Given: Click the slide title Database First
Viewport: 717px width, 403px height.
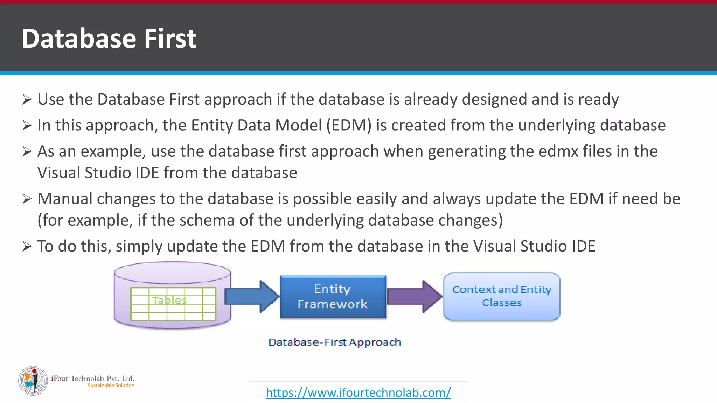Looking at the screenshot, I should (x=109, y=38).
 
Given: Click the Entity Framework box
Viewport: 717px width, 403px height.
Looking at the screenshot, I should (x=333, y=297).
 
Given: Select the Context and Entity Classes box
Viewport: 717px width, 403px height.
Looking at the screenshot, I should (x=501, y=296).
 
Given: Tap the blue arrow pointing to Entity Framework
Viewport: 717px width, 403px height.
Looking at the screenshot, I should (x=251, y=296).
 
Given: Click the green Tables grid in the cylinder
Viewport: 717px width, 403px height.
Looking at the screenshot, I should (x=173, y=304).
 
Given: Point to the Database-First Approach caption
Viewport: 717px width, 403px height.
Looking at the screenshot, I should (x=334, y=342).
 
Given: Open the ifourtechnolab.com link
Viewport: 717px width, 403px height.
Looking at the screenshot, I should (x=358, y=393).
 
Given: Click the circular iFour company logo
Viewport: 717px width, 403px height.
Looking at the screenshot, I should (x=33, y=381).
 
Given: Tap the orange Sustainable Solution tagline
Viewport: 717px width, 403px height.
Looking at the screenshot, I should (x=111, y=386).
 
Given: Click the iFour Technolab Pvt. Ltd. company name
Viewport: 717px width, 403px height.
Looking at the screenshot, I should (x=93, y=378).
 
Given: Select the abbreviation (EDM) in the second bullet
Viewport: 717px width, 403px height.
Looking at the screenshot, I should (x=349, y=125).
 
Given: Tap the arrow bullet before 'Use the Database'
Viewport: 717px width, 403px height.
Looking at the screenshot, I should (x=27, y=99).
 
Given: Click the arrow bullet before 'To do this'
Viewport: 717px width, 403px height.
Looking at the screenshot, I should (x=27, y=246).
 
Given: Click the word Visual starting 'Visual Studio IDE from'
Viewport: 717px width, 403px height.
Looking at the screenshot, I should (x=59, y=173).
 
